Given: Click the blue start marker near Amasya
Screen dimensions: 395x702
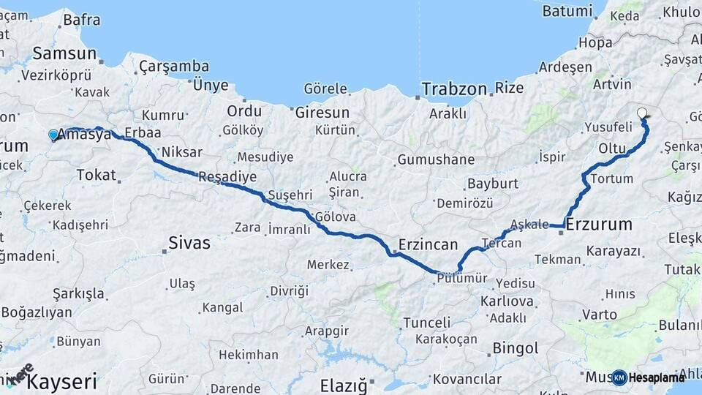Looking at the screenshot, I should (53, 135).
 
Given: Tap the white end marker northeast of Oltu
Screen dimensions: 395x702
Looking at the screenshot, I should (642, 113).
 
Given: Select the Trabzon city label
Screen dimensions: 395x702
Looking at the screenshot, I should (454, 89).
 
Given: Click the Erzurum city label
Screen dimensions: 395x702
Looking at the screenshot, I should (599, 224).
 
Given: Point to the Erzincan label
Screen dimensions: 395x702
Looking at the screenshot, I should (428, 244).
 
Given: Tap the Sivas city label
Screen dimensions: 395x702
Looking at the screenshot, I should (189, 243).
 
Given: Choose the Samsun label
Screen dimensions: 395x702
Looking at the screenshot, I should (64, 53).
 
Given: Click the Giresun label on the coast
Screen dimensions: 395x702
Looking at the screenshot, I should (322, 113).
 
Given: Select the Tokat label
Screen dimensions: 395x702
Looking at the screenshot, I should (96, 174).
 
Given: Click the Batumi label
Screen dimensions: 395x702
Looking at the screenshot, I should (567, 11).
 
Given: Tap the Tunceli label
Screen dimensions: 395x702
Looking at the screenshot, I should (427, 323).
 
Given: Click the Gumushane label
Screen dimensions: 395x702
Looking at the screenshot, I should (436, 159).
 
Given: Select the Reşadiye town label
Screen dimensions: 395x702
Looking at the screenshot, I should (227, 177).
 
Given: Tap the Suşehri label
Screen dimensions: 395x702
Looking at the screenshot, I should (290, 195).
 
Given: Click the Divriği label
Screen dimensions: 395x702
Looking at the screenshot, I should (290, 291).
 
